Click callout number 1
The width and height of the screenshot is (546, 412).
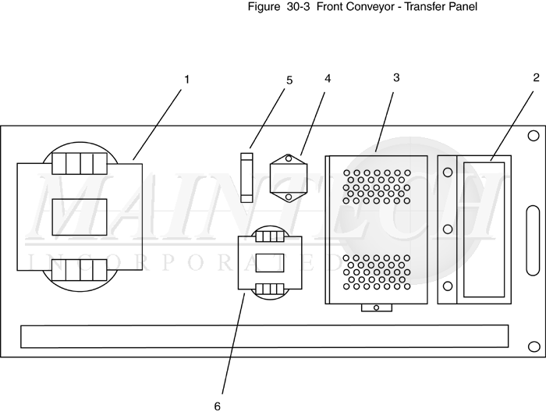coord(186,80)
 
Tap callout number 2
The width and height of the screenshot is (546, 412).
coord(536,78)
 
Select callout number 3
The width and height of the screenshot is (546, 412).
coord(396,78)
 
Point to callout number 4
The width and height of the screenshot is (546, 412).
coord(328,79)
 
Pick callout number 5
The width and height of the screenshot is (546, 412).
coord(289,80)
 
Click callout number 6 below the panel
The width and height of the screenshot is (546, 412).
coord(218,407)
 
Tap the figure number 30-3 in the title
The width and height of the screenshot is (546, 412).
coord(298,6)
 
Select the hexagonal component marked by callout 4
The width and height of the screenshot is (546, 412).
coord(289,178)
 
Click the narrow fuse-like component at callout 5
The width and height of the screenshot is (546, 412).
coord(247,178)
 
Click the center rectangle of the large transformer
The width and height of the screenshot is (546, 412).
coord(80,217)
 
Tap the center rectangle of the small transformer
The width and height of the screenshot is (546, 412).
coord(270,263)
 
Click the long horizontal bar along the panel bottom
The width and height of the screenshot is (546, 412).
coord(264,336)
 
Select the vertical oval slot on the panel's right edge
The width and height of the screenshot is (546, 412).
coord(533,240)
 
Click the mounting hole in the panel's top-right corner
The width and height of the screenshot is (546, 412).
coord(534,136)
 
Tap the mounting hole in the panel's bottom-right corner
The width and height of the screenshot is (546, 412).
coord(534,346)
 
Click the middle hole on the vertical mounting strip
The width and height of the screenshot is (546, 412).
coord(448,229)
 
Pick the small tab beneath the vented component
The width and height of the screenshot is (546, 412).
coord(377,307)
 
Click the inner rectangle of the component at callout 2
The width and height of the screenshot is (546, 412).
coord(484,230)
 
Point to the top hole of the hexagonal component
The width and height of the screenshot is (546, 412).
coord(289,159)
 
